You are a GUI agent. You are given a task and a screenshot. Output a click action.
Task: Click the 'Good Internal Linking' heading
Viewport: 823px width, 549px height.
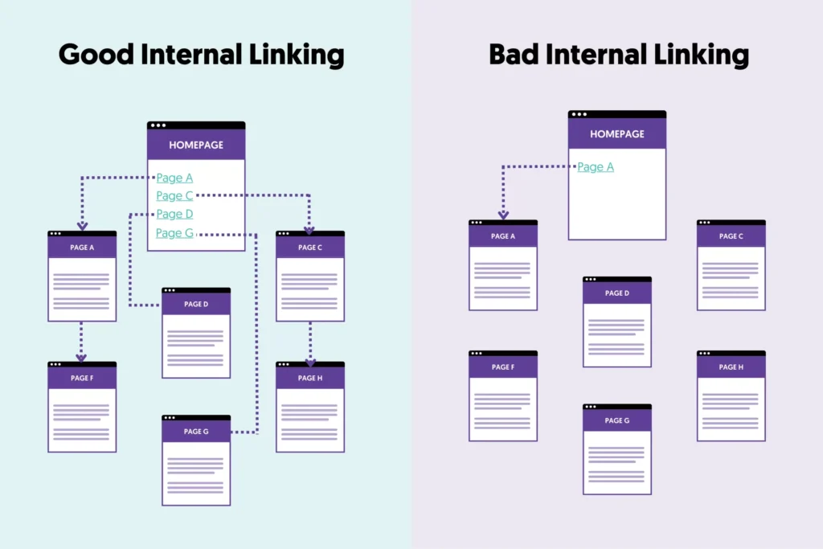[201, 55]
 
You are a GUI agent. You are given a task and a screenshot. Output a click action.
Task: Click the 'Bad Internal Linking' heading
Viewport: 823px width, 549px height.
[618, 55]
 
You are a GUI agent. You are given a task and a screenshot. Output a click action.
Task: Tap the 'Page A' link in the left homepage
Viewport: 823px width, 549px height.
[174, 178]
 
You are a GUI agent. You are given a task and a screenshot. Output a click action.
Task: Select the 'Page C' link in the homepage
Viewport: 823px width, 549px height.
[174, 195]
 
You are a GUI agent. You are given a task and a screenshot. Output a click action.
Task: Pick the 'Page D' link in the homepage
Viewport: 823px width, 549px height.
[174, 214]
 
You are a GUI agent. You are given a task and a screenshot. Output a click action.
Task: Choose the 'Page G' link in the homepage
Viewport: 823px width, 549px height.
[174, 233]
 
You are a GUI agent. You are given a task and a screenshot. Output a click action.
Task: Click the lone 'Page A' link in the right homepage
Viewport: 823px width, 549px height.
[596, 167]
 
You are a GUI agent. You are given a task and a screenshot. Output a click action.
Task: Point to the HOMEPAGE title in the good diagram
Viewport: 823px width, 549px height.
[196, 145]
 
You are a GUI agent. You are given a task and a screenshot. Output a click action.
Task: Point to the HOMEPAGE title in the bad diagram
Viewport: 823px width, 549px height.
[617, 134]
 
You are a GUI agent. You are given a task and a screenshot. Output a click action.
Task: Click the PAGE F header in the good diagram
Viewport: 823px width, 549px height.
[82, 378]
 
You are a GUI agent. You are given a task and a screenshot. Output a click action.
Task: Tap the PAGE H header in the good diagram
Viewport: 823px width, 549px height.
[309, 378]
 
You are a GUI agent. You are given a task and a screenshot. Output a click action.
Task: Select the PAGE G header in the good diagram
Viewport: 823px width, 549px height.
[196, 432]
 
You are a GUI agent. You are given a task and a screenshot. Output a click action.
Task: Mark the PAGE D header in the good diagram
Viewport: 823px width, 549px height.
[196, 304]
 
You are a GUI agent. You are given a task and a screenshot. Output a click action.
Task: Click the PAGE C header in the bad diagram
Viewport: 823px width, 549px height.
[731, 236]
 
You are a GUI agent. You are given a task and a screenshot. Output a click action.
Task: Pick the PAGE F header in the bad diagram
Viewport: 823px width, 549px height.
[502, 367]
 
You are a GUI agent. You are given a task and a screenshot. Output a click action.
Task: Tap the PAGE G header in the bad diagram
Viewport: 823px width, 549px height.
[616, 420]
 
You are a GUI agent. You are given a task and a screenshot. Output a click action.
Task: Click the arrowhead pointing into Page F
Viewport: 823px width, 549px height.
[82, 358]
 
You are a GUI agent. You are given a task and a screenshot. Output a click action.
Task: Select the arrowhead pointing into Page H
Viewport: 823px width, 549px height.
[310, 362]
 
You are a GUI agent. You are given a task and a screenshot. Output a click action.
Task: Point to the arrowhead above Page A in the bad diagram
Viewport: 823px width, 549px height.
[503, 215]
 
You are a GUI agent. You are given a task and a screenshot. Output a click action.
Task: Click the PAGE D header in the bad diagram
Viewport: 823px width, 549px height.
[616, 293]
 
